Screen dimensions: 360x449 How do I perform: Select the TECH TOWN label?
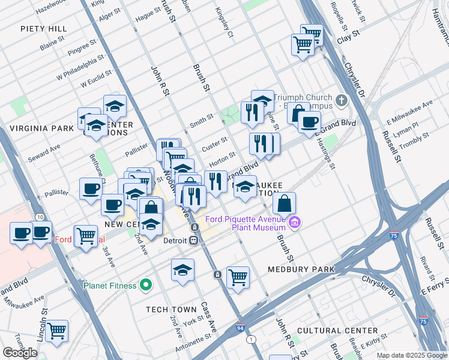tap(171, 310)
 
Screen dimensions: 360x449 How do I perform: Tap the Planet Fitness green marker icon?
tap(145, 285)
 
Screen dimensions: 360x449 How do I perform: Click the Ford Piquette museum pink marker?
tap(294, 223)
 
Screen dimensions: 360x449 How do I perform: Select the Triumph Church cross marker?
tap(342, 100)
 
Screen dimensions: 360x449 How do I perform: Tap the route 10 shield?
tap(40, 217)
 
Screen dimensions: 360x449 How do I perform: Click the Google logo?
tap(20, 352)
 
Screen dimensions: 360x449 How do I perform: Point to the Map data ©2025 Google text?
tap(412, 355)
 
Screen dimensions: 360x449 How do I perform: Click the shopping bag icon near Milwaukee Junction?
tap(285, 203)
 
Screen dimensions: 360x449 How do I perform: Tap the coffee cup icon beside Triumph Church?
tap(309, 122)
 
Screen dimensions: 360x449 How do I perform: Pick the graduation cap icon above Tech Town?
tap(182, 271)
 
